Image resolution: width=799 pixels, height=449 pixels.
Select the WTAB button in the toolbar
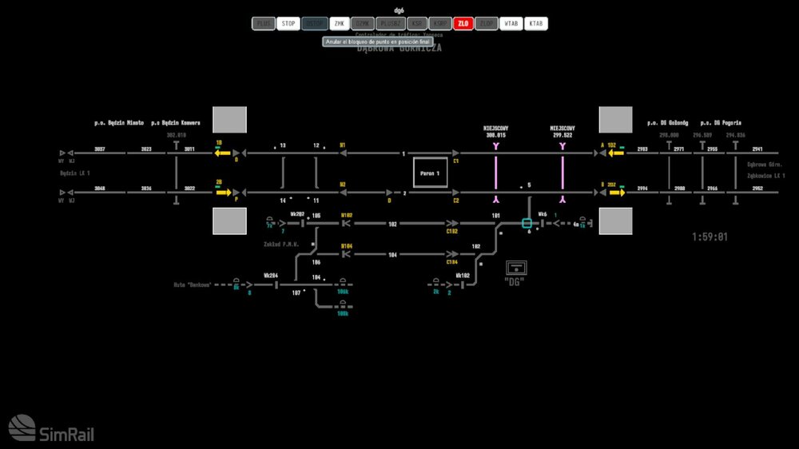(x=511, y=24)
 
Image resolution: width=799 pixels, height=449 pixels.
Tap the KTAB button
(x=535, y=24)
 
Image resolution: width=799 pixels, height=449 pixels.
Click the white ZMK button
(x=340, y=24)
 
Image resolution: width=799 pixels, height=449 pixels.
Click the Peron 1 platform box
(x=430, y=173)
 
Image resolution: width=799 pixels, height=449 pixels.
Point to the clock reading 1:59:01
(x=710, y=237)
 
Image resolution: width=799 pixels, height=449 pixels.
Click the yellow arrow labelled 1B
(x=221, y=153)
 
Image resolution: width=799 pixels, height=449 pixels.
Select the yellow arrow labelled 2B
(x=221, y=193)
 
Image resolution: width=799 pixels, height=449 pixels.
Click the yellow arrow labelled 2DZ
(x=615, y=193)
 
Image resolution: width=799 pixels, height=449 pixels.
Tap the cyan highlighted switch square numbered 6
(x=527, y=224)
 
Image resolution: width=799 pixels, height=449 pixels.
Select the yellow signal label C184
(x=452, y=262)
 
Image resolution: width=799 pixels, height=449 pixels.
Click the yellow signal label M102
(x=346, y=215)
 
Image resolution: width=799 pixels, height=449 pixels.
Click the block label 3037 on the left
(x=100, y=149)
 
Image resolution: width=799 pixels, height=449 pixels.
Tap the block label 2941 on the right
(x=757, y=149)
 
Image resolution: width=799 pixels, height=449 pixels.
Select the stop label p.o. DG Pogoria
(x=721, y=123)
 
